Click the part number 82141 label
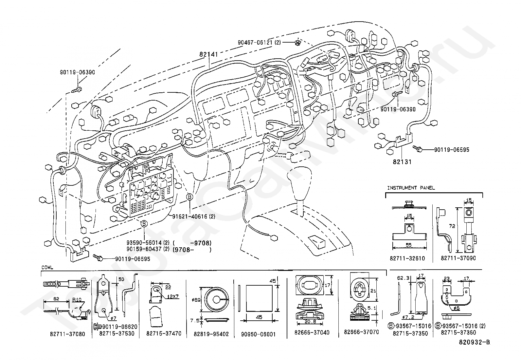point(209,55)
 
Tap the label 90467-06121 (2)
point(259,42)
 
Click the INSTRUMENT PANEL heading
point(411,188)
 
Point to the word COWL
point(47,267)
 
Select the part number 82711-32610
point(407,258)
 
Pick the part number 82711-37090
point(458,258)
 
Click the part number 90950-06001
point(259,334)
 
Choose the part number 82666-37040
point(312,333)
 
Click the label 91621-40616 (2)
point(194,217)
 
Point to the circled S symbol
point(144,224)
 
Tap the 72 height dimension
point(453,226)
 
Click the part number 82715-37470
point(164,333)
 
